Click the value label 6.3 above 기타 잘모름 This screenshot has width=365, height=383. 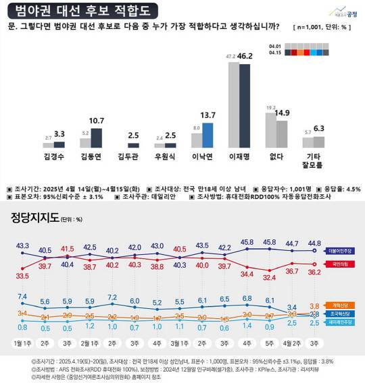coord(319,129)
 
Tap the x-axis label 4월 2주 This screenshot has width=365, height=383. coord(292,343)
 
